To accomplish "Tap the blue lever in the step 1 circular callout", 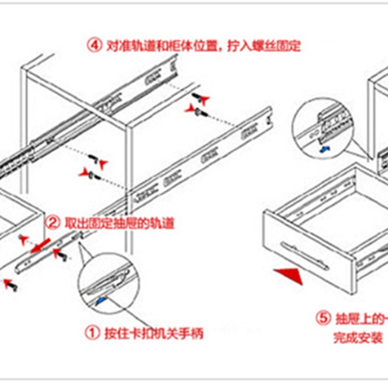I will tap(101, 301).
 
